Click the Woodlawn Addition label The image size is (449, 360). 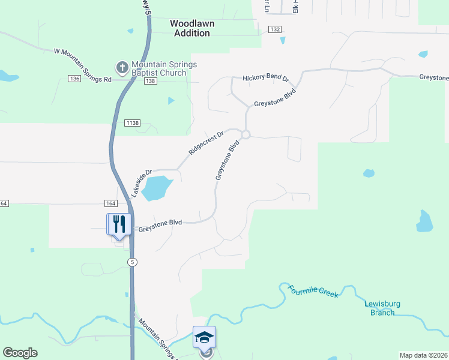pyautogui.click(x=192, y=28)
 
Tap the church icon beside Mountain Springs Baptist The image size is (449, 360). pyautogui.click(x=122, y=67)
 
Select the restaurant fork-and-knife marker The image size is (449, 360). pyautogui.click(x=118, y=224)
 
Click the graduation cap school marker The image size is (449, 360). pyautogui.click(x=204, y=337)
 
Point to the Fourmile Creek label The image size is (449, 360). pyautogui.click(x=313, y=292)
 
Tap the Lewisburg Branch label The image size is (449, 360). pyautogui.click(x=380, y=307)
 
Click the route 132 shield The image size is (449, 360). pyautogui.click(x=275, y=29)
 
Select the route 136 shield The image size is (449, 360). pyautogui.click(x=74, y=79)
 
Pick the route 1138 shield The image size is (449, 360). pyautogui.click(x=133, y=123)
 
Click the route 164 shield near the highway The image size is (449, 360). pyautogui.click(x=110, y=203)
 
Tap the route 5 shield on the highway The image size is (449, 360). pyautogui.click(x=131, y=262)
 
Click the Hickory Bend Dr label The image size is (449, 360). pyautogui.click(x=266, y=79)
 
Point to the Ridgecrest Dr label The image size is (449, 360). pyautogui.click(x=206, y=143)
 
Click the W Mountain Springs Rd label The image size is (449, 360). pyautogui.click(x=83, y=65)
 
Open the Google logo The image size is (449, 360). pyautogui.click(x=20, y=353)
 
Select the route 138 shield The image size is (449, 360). pyautogui.click(x=150, y=81)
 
